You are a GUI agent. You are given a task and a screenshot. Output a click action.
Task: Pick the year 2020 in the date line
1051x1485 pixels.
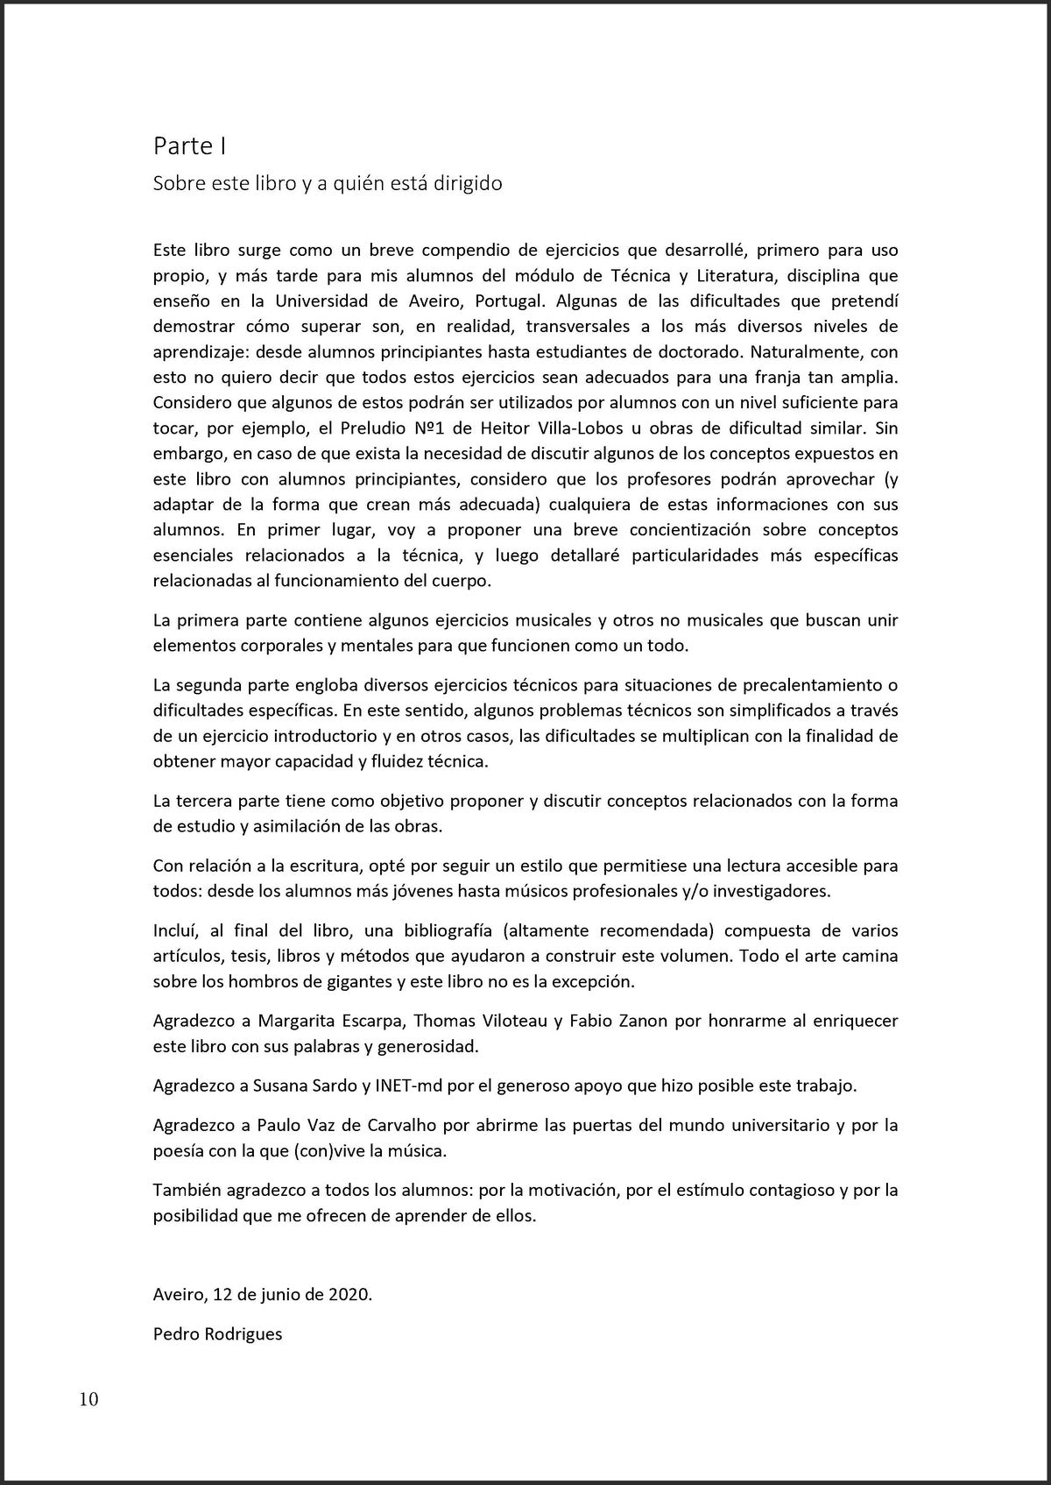click(x=349, y=1294)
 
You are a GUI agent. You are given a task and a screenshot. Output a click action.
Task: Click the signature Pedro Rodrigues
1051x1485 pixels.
click(x=217, y=1334)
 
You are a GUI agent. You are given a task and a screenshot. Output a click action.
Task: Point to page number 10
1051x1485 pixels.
click(x=89, y=1399)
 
